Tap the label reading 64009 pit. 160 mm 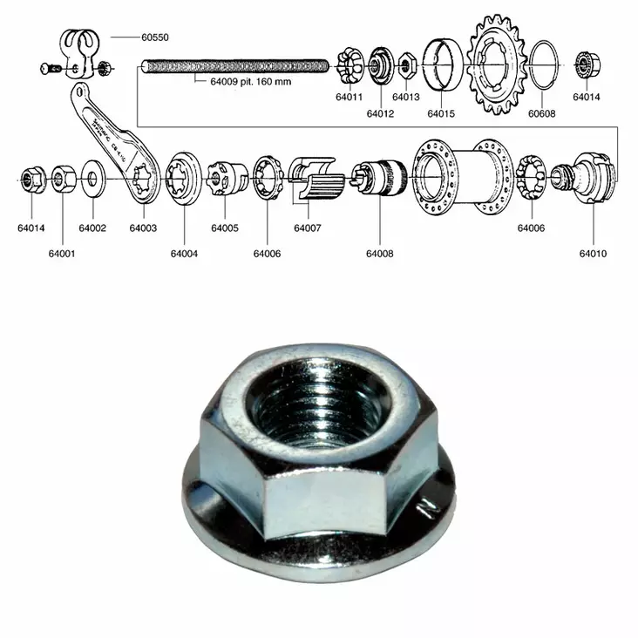(250, 84)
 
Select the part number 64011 (350, 98)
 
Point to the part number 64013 (405, 98)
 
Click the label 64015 (441, 112)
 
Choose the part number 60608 (541, 112)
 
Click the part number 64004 (184, 254)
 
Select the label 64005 (224, 228)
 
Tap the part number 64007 (307, 228)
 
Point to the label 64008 (379, 254)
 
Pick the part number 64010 (593, 254)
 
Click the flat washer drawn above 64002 (92, 180)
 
